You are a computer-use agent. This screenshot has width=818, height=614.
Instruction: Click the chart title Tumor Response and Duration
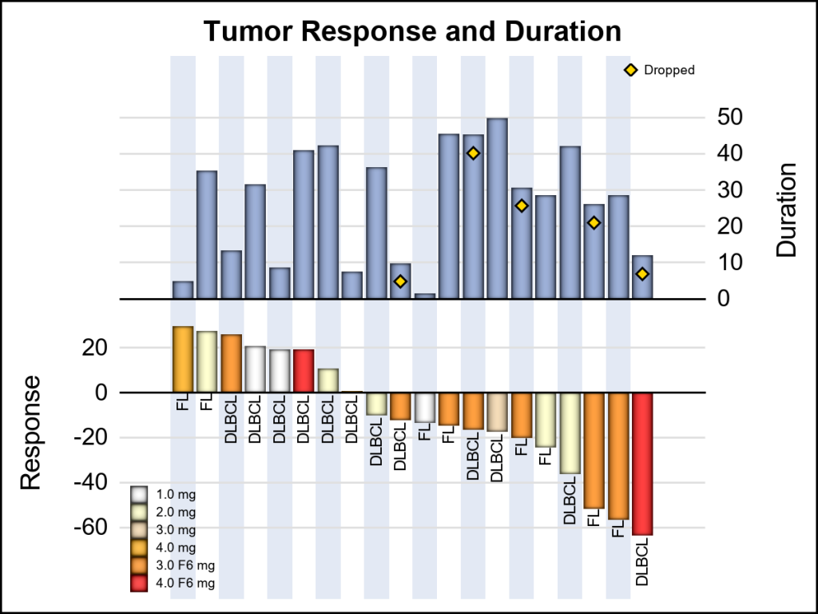tap(412, 32)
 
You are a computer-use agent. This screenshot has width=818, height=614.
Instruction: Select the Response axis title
tap(30, 433)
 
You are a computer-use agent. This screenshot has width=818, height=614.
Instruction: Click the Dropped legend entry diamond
tap(630, 70)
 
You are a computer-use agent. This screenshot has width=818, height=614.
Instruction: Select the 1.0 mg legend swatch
tap(140, 494)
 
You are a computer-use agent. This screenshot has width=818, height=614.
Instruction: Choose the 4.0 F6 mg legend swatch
tap(140, 584)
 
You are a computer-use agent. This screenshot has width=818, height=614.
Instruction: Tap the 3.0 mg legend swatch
tap(140, 530)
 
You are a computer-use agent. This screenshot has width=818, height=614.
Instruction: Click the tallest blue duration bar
tap(498, 208)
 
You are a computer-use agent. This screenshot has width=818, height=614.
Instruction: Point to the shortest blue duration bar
tap(425, 297)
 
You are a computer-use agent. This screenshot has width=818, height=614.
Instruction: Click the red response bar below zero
tap(643, 464)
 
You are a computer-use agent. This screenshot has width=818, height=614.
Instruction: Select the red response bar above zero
tap(304, 371)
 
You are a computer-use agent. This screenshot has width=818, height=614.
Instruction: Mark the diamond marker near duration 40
tap(473, 153)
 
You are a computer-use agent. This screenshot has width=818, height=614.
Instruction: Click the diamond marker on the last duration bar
tap(642, 274)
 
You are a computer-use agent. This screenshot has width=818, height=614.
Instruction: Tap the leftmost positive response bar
tap(183, 360)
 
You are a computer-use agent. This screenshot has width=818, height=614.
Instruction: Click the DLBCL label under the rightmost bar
tap(643, 562)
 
